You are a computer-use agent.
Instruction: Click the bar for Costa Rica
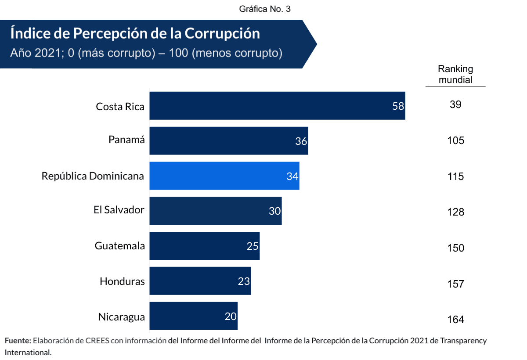tap(277, 105)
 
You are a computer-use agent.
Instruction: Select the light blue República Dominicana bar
tap(224, 176)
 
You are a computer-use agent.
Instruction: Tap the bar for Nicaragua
tap(193, 316)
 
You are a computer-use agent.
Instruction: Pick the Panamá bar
tap(228, 141)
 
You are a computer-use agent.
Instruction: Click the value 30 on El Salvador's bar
tap(275, 211)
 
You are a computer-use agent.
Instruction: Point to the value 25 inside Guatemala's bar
tap(253, 246)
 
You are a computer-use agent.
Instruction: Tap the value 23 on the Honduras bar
tap(244, 281)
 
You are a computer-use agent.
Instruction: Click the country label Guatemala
tap(120, 246)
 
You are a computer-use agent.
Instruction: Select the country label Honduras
tap(122, 281)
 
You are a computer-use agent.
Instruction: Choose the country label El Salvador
tap(119, 210)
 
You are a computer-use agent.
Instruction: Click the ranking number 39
tap(455, 104)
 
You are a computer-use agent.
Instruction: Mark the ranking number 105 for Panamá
tap(455, 140)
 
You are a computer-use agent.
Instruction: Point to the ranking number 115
tap(455, 176)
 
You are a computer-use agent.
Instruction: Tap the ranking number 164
tap(455, 320)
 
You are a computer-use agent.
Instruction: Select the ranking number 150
tap(455, 248)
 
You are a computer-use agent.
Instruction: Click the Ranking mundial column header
tap(455, 74)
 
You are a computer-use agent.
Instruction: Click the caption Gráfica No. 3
tap(265, 9)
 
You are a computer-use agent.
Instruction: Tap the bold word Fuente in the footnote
tap(18, 341)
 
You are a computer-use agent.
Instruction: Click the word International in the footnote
tap(28, 352)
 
